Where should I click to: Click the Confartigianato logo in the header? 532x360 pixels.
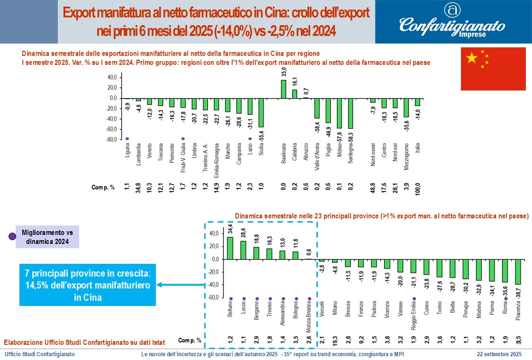click(452, 22)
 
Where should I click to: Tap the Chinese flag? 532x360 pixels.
click(493, 69)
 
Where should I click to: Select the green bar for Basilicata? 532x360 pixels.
click(283, 89)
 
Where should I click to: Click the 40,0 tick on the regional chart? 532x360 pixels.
click(112, 77)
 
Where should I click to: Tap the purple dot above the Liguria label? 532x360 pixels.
click(127, 139)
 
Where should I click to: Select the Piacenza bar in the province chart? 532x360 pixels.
click(518, 271)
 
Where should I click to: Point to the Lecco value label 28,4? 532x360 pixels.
click(243, 233)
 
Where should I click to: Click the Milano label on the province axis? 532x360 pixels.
click(335, 308)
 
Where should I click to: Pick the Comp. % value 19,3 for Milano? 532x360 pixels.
click(335, 340)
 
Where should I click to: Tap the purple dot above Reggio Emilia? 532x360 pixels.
click(414, 298)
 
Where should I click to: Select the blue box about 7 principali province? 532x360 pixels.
click(88, 285)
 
